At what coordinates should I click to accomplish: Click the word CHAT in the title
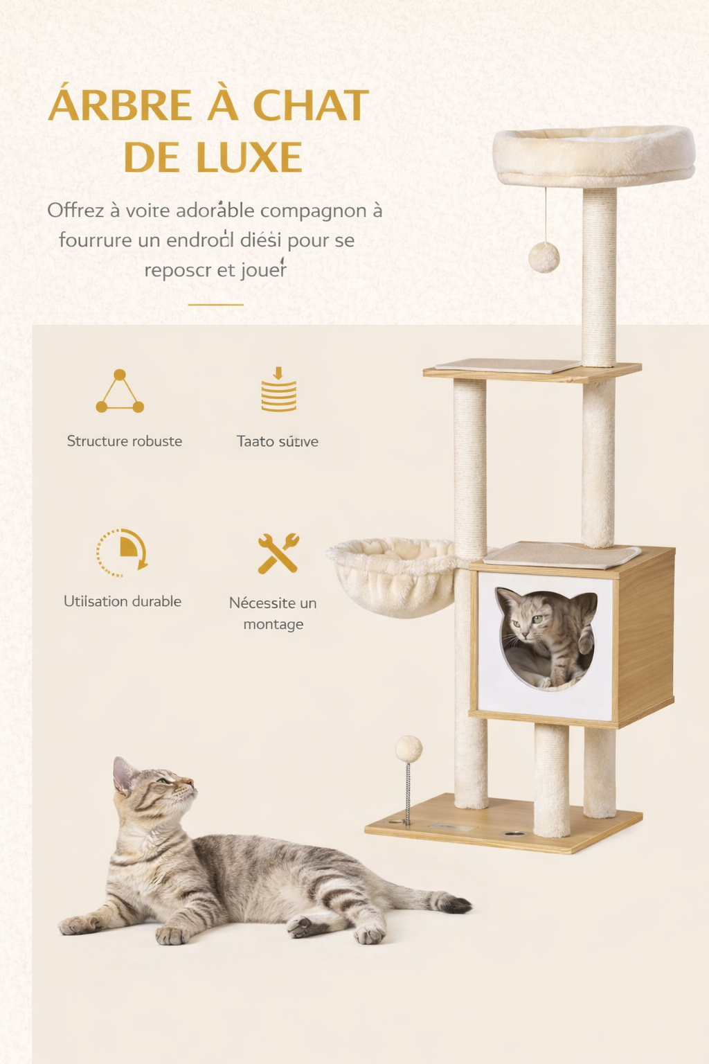(310, 106)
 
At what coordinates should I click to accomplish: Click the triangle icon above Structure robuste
(120, 391)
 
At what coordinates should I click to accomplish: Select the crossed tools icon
(278, 553)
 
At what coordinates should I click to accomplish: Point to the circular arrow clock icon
(122, 553)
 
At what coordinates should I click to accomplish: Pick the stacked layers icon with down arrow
(278, 390)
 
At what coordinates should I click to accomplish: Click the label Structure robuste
(125, 441)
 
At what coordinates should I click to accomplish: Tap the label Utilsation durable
(123, 601)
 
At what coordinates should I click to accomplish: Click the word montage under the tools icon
(273, 624)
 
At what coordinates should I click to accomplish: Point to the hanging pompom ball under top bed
(544, 257)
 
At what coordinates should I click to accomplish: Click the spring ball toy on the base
(409, 750)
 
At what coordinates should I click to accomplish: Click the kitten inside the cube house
(546, 637)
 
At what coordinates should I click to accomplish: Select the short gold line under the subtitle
(215, 304)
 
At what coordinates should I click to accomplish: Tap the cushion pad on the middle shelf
(508, 365)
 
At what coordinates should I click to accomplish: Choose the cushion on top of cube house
(562, 553)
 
